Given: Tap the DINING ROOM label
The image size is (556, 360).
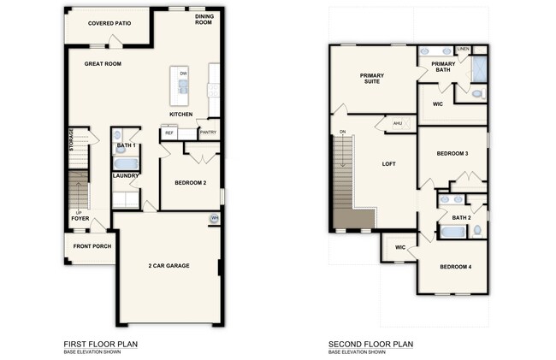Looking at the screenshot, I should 204,19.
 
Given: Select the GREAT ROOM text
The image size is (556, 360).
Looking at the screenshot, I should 102,64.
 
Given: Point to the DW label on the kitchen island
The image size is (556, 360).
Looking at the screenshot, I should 183,74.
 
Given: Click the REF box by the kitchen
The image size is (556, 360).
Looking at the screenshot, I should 169,133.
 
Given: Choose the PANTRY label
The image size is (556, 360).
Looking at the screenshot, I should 208,133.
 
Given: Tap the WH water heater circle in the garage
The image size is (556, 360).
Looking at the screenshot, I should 215,220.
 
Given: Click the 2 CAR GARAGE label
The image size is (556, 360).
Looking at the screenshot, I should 169,266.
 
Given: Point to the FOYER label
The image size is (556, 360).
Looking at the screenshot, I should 80,218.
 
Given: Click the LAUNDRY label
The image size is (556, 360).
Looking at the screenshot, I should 125,176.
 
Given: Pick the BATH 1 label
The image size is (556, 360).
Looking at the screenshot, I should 126,145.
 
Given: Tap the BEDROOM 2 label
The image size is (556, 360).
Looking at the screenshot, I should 191,183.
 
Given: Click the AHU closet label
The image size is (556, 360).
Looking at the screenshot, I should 397,124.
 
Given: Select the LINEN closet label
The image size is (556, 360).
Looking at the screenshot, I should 463,49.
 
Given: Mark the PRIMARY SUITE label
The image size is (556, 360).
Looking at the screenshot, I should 371,79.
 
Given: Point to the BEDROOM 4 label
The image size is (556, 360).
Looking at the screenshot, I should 455,267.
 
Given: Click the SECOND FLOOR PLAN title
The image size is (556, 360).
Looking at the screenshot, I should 370,345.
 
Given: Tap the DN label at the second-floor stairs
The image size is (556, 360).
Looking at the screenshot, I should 343,132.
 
